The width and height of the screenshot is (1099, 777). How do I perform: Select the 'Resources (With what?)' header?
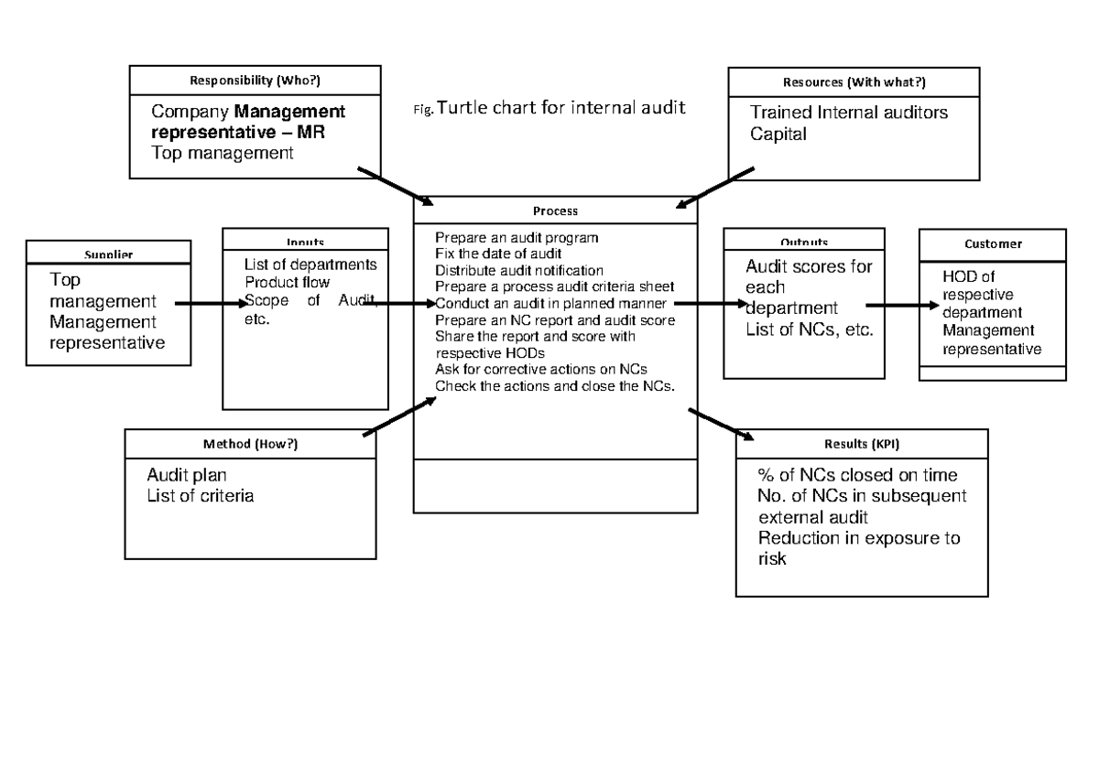854,82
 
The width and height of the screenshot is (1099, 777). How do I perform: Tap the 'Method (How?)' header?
250,444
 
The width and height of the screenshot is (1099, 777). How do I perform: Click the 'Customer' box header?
993,244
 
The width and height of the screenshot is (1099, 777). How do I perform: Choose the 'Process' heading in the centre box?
556,210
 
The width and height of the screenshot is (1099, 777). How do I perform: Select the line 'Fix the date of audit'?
498,253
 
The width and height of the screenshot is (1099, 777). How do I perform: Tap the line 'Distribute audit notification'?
519,270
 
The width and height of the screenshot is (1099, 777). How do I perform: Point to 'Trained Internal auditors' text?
849,113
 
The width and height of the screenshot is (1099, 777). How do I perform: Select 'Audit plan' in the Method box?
187,476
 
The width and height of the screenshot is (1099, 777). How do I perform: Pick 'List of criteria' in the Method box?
201,496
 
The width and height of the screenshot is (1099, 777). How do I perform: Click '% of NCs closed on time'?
857,476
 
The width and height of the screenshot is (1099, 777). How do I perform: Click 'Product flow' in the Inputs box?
287,282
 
